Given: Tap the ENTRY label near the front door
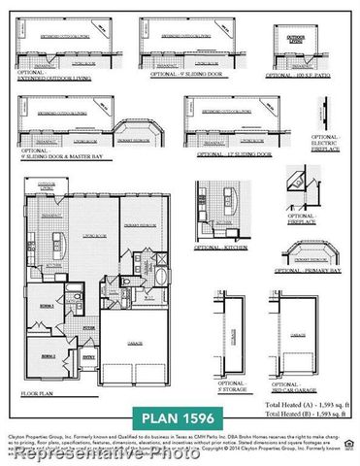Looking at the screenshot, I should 88,357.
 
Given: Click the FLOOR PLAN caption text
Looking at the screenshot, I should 36,394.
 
